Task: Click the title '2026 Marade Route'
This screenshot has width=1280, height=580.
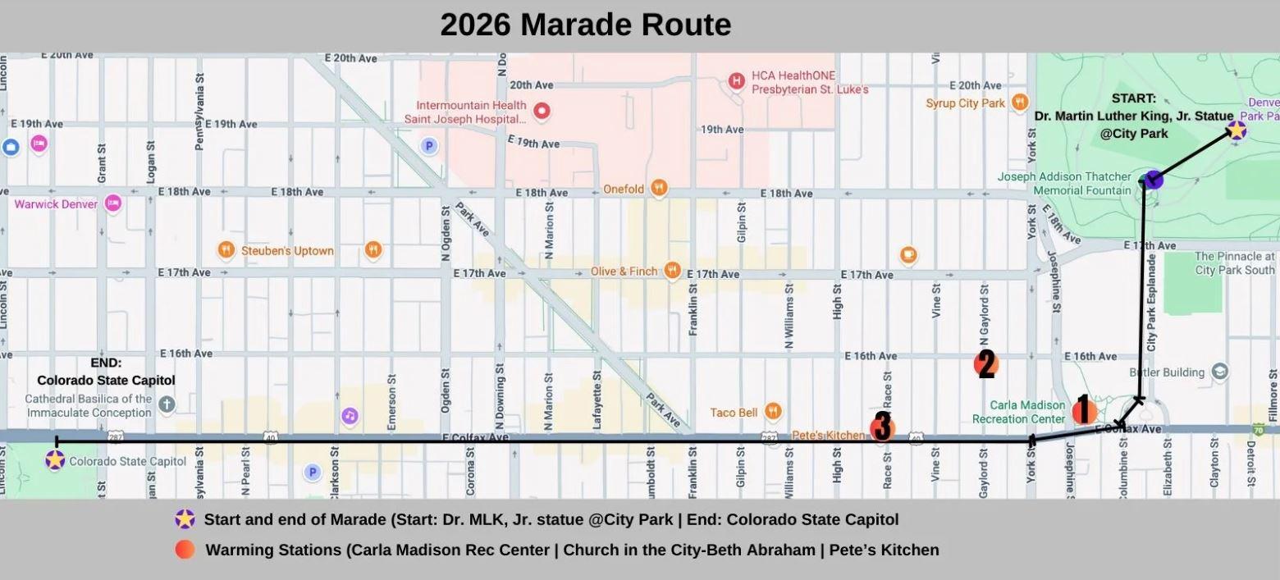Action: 585,25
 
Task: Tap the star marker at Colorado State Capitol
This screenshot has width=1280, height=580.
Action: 55,460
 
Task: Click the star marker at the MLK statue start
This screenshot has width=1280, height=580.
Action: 1236,130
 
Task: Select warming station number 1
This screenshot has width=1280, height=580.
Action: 1084,410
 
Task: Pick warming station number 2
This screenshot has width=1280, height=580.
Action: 985,363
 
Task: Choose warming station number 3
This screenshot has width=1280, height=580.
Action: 882,427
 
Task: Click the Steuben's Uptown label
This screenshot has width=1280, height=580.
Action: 287,250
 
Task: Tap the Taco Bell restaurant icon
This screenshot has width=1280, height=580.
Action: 772,412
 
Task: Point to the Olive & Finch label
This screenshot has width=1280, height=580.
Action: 624,272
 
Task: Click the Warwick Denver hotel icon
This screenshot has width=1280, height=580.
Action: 113,203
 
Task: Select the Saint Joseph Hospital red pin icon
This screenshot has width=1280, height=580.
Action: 542,111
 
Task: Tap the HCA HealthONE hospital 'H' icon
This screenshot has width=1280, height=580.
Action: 737,80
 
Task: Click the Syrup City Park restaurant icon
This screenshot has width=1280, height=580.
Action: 1019,103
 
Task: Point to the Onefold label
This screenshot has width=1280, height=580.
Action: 624,190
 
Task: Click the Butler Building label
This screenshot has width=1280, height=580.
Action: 1171,372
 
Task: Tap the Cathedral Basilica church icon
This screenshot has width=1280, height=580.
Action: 167,404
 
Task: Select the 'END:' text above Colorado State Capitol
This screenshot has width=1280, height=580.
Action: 106,363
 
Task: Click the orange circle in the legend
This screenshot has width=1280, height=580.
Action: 185,550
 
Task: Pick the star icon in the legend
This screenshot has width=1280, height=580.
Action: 185,519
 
